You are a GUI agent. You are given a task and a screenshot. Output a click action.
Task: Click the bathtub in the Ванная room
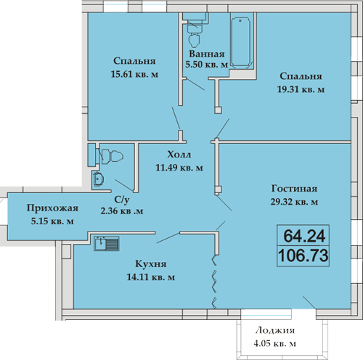click(x=240, y=42)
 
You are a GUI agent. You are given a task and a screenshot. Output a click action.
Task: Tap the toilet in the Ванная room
click(x=195, y=36)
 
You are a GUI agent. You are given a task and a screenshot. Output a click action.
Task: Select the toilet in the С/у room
click(x=110, y=156)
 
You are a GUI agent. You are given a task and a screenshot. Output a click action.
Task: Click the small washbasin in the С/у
click(x=98, y=179)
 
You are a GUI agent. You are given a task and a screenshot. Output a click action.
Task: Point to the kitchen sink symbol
click(x=107, y=244)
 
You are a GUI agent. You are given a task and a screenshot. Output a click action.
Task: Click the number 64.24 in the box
click(x=304, y=236)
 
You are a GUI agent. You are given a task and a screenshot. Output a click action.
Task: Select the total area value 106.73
click(x=303, y=255)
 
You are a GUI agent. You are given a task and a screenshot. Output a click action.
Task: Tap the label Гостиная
click(x=294, y=189)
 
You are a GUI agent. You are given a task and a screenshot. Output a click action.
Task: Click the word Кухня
click(x=151, y=264)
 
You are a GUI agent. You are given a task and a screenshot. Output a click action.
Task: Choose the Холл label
click(x=179, y=155)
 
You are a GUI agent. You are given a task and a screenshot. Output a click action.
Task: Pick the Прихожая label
click(x=52, y=208)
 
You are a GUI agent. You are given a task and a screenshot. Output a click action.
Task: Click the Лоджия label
click(x=275, y=330)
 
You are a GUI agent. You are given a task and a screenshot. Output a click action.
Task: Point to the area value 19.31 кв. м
click(x=301, y=89)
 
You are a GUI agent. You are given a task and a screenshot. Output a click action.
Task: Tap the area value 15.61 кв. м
click(x=134, y=74)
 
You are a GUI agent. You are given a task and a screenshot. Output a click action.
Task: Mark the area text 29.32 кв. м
click(x=294, y=202)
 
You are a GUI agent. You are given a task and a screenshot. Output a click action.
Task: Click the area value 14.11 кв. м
click(x=151, y=277)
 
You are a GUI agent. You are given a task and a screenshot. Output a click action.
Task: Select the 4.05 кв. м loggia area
click(x=274, y=343)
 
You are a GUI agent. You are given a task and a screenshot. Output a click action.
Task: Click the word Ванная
click(x=207, y=54)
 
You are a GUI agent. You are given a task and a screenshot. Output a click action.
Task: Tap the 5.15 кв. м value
click(x=52, y=221)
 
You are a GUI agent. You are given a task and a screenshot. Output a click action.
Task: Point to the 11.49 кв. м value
click(x=179, y=168)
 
